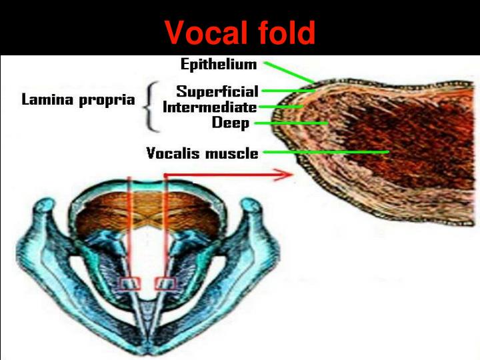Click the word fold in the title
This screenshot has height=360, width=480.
pos(283,32)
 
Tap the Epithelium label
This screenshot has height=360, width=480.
pos(219,65)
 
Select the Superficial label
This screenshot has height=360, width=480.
pos(217,91)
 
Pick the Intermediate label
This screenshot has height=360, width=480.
pos(209,107)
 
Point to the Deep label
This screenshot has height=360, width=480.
pos(231,123)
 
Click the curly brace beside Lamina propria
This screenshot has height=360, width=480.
pos(151,107)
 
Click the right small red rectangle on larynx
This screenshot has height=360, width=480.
pos(163,284)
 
